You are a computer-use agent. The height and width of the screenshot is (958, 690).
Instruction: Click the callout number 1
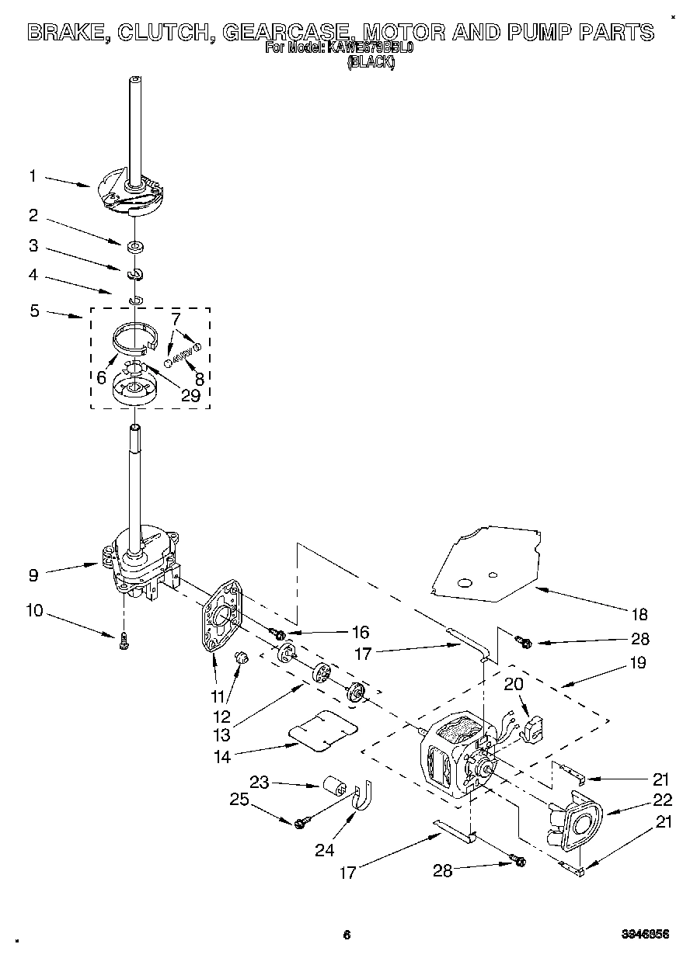[x=33, y=176]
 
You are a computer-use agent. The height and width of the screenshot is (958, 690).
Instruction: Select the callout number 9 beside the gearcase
[x=33, y=575]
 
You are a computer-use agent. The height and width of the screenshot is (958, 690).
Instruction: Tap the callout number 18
[x=639, y=615]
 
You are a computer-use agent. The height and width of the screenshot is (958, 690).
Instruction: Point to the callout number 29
[x=191, y=395]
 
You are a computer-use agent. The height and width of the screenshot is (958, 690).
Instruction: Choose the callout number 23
[x=260, y=783]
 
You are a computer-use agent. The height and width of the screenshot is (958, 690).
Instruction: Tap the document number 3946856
[x=644, y=935]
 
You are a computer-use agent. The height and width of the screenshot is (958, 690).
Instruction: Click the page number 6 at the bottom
[x=347, y=935]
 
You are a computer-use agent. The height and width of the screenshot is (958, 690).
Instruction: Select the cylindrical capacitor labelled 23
[x=334, y=785]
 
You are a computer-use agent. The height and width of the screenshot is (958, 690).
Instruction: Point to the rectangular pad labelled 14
[x=322, y=732]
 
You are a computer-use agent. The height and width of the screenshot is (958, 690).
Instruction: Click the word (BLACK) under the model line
[x=371, y=64]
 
